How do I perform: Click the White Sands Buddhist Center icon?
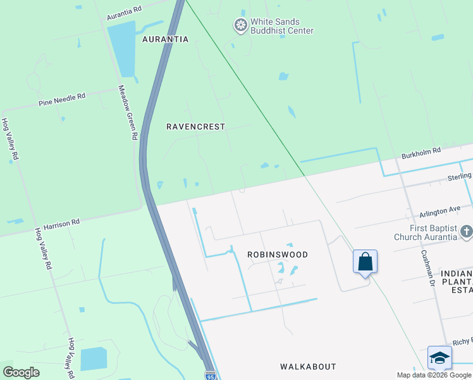point(240,26)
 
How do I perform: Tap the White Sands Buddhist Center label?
point(281,26)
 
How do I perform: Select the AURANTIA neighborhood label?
point(165,39)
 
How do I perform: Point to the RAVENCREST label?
point(195,127)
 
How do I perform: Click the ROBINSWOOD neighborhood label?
point(277,255)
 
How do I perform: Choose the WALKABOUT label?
point(308,367)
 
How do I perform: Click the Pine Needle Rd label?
point(61,99)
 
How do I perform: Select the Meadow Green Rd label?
point(128,113)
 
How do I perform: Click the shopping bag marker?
point(365,262)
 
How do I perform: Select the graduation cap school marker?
point(439,358)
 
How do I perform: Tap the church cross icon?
point(466,232)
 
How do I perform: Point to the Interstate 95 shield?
point(211,376)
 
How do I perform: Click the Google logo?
point(21,372)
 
